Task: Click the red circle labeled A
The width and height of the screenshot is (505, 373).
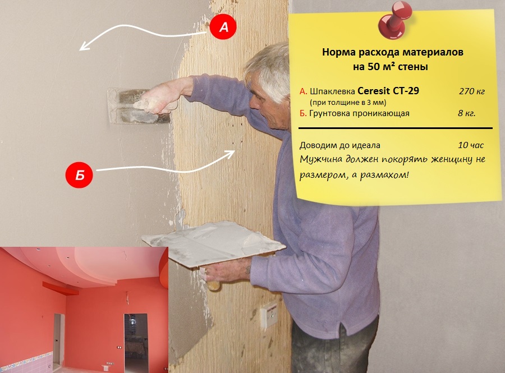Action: pyautogui.click(x=223, y=26)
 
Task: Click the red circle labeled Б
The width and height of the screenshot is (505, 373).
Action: pyautogui.click(x=79, y=175)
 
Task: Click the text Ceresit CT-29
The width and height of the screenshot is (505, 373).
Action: pyautogui.click(x=388, y=91)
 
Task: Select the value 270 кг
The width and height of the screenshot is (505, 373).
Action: pyautogui.click(x=472, y=91)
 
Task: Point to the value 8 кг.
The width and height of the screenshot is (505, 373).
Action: pyautogui.click(x=467, y=113)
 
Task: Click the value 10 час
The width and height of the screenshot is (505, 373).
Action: pyautogui.click(x=471, y=145)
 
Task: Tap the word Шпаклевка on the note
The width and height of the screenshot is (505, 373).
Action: pyautogui.click(x=332, y=91)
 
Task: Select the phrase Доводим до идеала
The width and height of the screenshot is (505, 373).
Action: pyautogui.click(x=340, y=145)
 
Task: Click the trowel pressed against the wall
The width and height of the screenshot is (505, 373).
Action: pyautogui.click(x=139, y=106)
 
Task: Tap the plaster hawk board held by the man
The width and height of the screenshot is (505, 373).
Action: pyautogui.click(x=213, y=243)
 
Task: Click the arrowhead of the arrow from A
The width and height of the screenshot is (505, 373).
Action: pyautogui.click(x=84, y=46)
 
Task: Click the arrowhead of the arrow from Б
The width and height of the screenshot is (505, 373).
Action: pyautogui.click(x=231, y=154)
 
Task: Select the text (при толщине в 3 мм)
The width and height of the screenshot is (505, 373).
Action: pyautogui.click(x=348, y=103)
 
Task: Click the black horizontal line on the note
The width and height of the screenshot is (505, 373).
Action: pyautogui.click(x=396, y=128)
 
